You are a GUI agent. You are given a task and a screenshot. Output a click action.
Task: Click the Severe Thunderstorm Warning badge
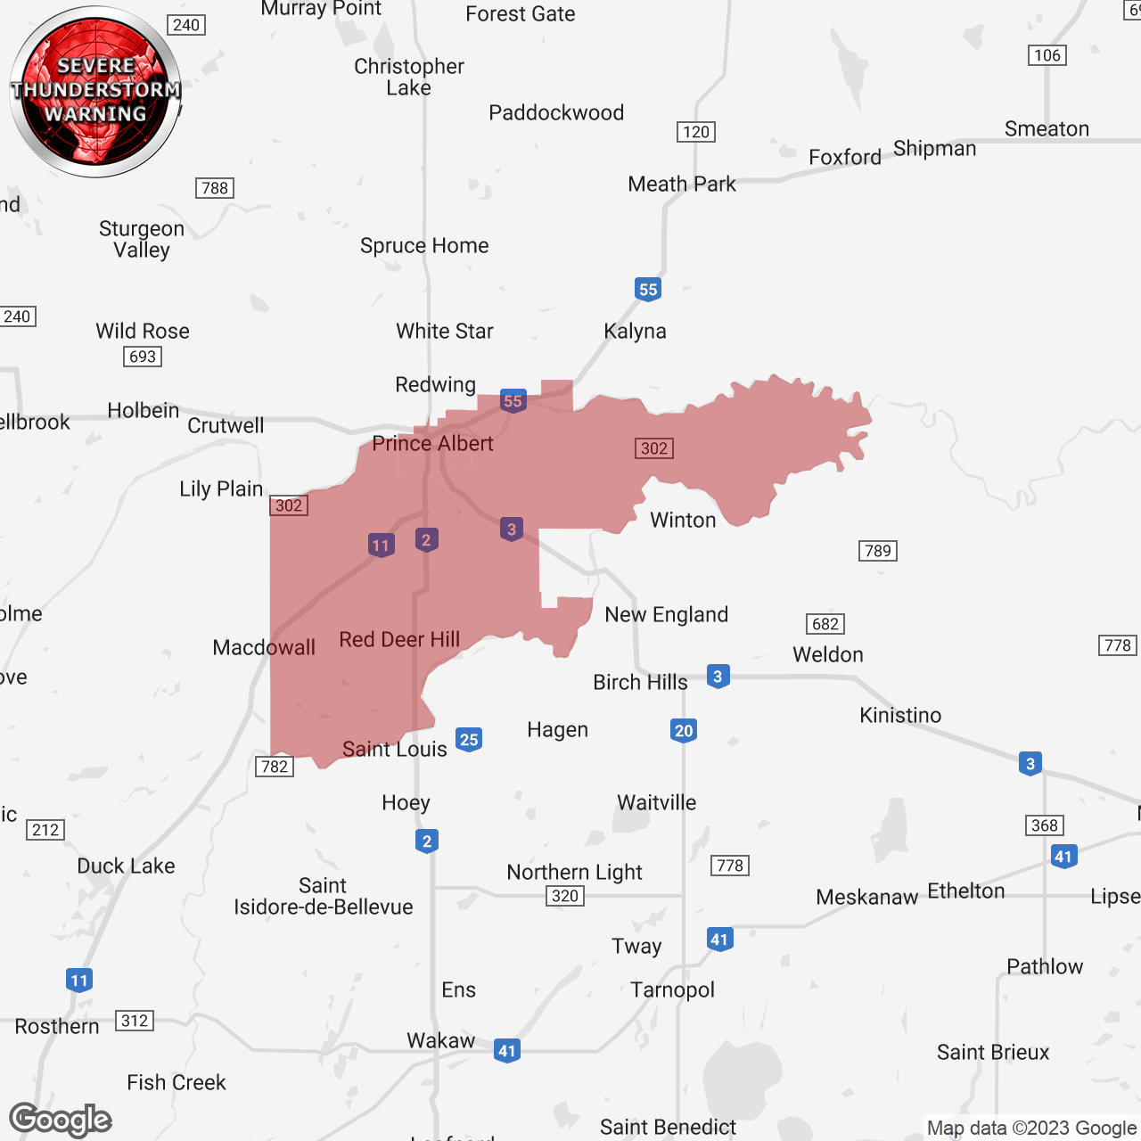click(x=95, y=91)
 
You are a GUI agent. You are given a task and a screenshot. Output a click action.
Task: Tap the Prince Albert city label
click(x=432, y=443)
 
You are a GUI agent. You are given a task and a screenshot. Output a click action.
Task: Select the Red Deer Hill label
click(x=399, y=639)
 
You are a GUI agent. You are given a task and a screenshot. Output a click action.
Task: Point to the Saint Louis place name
click(x=394, y=749)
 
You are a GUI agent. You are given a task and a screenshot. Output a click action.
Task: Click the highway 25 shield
click(x=469, y=739)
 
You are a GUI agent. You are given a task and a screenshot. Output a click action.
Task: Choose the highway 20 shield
click(x=684, y=731)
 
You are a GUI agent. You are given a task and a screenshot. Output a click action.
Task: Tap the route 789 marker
click(x=878, y=551)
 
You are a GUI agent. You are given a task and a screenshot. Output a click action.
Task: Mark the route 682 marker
click(x=825, y=624)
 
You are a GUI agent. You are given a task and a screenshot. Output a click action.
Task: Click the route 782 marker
click(x=275, y=767)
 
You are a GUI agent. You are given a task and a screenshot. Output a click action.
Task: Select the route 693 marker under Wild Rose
click(x=143, y=357)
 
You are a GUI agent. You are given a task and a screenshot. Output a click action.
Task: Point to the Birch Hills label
click(x=640, y=682)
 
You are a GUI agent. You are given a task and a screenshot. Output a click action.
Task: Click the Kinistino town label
click(x=900, y=715)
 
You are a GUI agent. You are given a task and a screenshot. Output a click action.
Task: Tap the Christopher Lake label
click(x=409, y=77)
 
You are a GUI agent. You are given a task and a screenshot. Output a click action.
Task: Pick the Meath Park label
click(x=682, y=184)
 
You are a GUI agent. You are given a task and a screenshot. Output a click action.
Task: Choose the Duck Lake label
click(x=126, y=866)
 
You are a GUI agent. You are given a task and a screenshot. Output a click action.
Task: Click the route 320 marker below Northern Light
click(x=565, y=896)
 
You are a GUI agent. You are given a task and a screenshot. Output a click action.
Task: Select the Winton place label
click(x=683, y=520)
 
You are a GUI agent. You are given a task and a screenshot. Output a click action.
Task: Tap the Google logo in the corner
click(x=61, y=1120)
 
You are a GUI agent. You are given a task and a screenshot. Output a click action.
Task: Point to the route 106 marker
click(x=1047, y=55)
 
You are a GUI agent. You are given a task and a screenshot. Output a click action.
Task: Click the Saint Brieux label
click(x=993, y=1052)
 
